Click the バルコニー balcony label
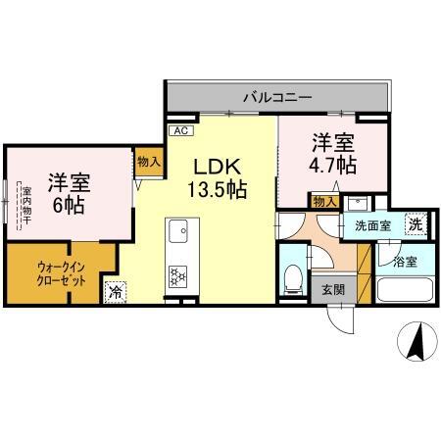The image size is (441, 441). tap(277, 98)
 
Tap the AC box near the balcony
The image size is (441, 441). tap(180, 129)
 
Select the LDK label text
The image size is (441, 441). tap(216, 166)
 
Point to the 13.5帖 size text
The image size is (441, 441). tap(217, 188)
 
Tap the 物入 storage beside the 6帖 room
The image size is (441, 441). tap(148, 164)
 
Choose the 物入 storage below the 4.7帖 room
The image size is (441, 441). tap(324, 202)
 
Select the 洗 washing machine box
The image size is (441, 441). tap(416, 223)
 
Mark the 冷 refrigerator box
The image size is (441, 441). tap(116, 291)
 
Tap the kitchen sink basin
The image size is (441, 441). tap(178, 233)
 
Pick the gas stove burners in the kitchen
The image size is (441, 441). tap(178, 276)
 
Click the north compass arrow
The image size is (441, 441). tap(415, 344)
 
